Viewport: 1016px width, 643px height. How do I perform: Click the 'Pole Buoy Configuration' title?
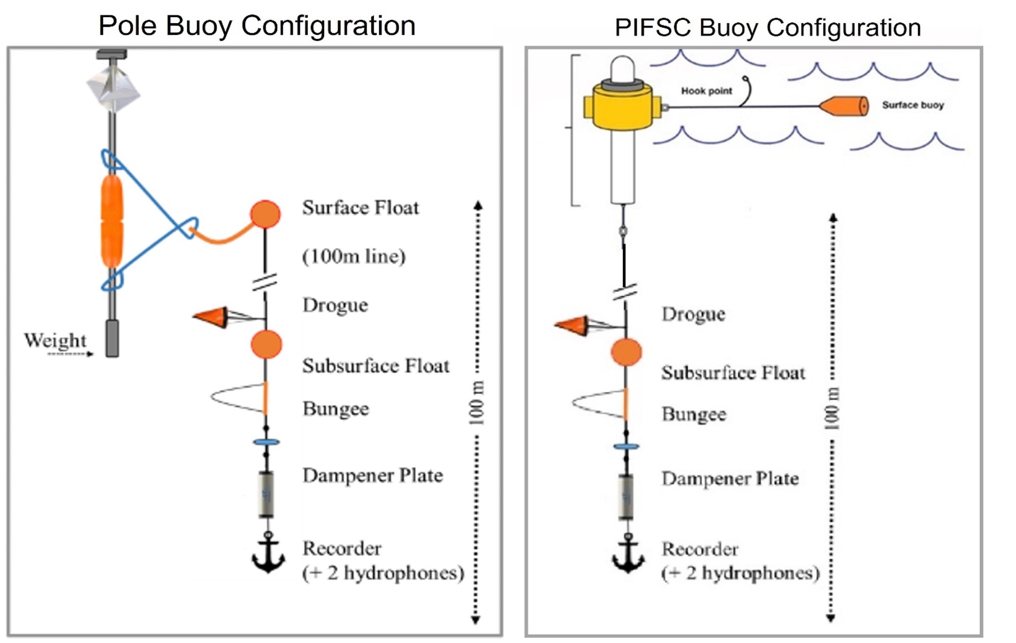tap(257, 25)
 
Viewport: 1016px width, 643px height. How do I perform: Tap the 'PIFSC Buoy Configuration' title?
tap(768, 27)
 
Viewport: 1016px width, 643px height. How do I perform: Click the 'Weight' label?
tap(55, 340)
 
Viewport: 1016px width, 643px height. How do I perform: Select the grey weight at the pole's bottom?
tap(112, 338)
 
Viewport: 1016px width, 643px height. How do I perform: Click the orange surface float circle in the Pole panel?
tap(265, 214)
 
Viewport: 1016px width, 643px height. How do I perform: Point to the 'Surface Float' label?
tap(361, 208)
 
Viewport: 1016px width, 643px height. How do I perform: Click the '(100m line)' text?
tap(354, 257)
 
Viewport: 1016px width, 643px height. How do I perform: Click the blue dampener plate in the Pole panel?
tap(266, 442)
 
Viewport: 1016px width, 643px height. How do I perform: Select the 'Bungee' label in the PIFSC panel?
tap(694, 415)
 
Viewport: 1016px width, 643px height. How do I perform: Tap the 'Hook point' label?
tap(706, 91)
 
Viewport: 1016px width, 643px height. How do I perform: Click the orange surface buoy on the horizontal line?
tap(844, 106)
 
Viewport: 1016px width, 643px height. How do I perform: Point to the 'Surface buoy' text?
tap(913, 105)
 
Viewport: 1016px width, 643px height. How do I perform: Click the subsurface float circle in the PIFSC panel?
tap(626, 352)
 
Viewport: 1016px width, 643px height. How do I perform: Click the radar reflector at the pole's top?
tap(113, 87)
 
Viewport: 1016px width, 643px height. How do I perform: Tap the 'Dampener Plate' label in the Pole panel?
tap(373, 476)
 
